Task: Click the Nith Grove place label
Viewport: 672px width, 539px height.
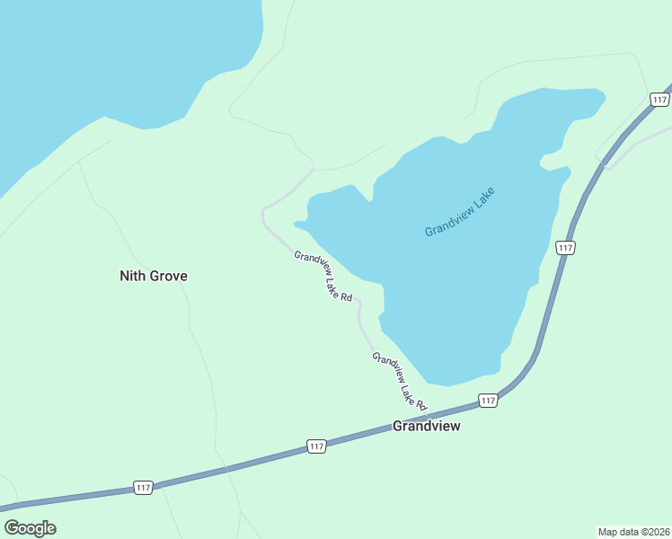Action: pos(154,276)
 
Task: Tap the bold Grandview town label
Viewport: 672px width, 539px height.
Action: pos(426,426)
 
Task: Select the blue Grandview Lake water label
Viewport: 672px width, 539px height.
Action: pos(460,212)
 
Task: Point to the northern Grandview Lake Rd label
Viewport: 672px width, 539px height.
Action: pos(323,276)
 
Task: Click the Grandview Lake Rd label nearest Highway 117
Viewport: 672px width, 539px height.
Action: pos(399,381)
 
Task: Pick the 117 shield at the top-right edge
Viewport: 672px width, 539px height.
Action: pos(660,100)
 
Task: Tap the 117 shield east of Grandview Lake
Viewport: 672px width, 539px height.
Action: pos(564,247)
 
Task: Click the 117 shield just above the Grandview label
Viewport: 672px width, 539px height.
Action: pos(488,400)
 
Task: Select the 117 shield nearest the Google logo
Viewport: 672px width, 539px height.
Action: pos(143,487)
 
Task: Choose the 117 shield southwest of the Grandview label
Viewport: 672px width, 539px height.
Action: pos(316,446)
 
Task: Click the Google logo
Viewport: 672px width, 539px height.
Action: pos(31,528)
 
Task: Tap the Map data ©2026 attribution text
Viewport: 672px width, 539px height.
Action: pos(633,531)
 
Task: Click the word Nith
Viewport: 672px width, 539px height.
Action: pos(132,276)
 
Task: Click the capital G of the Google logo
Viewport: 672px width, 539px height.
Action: pos(11,528)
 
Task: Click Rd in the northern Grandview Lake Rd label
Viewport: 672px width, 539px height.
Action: pos(346,296)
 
